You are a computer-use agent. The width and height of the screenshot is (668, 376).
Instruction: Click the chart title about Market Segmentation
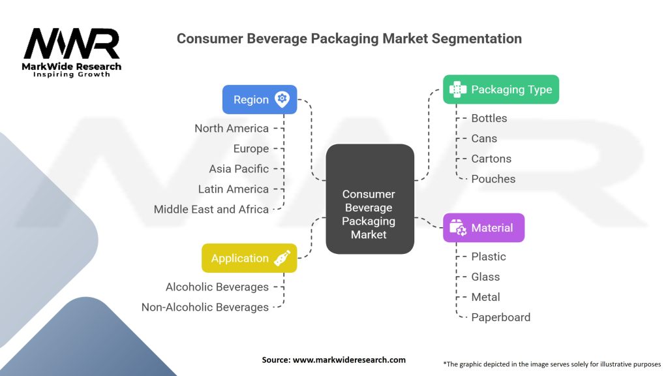click(x=349, y=39)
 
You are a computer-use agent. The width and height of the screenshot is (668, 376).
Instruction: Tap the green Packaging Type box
click(x=501, y=89)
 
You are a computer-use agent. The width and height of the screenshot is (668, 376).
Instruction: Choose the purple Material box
click(x=483, y=228)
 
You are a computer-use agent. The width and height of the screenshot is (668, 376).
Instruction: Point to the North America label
click(x=232, y=128)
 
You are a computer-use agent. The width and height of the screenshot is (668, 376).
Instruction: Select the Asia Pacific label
click(x=239, y=168)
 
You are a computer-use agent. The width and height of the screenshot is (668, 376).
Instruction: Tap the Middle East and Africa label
click(x=211, y=209)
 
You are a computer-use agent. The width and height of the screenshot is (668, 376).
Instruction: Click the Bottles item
click(x=489, y=118)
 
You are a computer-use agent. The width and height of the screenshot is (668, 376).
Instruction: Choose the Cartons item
click(x=491, y=159)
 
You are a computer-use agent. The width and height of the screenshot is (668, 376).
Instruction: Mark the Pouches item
click(x=493, y=179)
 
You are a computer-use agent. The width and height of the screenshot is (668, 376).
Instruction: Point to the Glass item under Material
click(x=486, y=277)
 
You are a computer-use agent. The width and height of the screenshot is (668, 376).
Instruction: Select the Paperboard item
click(x=500, y=317)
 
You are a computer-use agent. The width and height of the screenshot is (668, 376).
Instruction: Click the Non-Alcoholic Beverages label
click(x=205, y=307)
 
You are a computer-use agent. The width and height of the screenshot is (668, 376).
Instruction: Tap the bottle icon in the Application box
click(x=282, y=258)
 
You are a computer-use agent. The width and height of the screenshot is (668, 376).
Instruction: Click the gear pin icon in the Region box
click(x=282, y=99)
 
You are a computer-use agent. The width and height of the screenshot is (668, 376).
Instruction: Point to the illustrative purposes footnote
click(x=552, y=364)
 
